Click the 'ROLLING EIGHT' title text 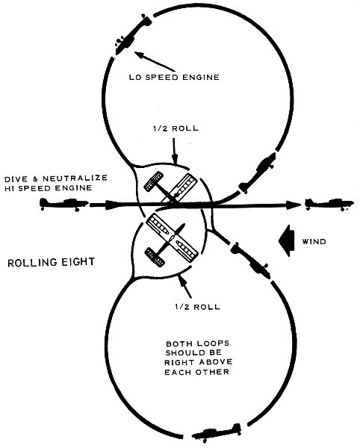[x=51, y=262]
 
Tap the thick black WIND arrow [x=287, y=241]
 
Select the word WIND [x=314, y=242]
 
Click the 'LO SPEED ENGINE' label [x=174, y=77]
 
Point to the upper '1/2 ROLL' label [x=176, y=128]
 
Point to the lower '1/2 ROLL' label [x=197, y=307]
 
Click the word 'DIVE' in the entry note [x=16, y=179]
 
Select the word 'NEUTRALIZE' [x=75, y=178]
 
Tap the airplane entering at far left [x=63, y=204]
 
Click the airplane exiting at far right [x=329, y=204]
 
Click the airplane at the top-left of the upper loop [x=132, y=34]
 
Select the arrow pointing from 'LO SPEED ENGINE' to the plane [x=155, y=61]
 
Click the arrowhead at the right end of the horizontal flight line [x=293, y=205]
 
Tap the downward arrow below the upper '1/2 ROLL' [x=174, y=151]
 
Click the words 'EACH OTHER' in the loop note [x=197, y=373]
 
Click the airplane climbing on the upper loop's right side [x=258, y=173]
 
